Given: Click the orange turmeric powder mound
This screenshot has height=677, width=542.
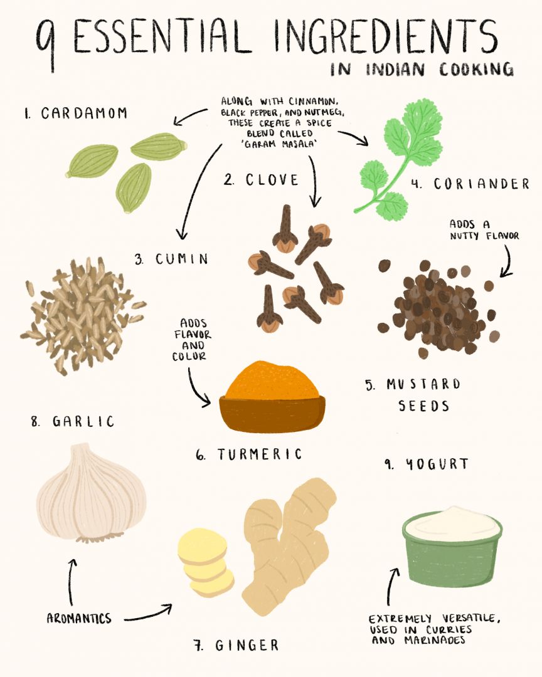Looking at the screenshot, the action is click(x=272, y=380).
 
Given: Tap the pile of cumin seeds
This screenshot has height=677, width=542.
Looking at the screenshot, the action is click(x=82, y=314).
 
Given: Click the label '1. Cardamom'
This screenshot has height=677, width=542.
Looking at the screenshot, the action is click(x=76, y=113).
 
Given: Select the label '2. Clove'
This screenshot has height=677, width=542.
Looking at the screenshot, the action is click(x=261, y=180).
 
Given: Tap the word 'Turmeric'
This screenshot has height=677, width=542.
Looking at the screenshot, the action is click(x=259, y=454).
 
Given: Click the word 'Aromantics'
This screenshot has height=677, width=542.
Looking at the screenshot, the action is click(x=79, y=618).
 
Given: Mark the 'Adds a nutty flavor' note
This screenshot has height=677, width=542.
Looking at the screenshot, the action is click(x=484, y=229).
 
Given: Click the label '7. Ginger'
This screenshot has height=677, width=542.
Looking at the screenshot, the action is click(x=236, y=645).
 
